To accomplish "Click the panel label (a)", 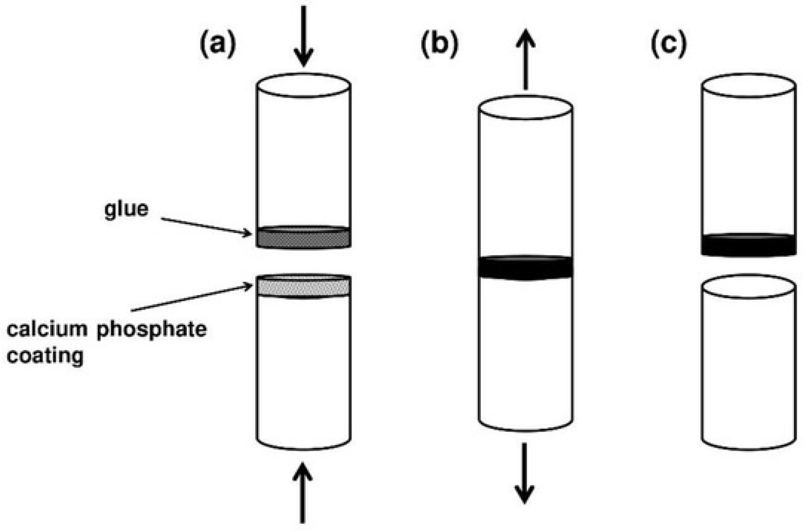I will (218, 44).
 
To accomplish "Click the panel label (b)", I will (439, 44).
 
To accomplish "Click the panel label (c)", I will (668, 44).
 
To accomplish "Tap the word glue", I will (126, 209).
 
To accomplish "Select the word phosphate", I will (151, 330).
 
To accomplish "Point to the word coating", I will (45, 356).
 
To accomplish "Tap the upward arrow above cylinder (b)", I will (525, 59).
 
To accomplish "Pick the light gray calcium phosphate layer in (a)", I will (303, 287).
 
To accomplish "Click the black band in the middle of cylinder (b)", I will (525, 267).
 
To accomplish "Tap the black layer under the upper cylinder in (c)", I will (749, 245).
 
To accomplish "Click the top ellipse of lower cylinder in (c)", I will (749, 286).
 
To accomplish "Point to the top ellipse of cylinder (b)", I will (525, 107).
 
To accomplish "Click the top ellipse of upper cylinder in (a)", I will (303, 85).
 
